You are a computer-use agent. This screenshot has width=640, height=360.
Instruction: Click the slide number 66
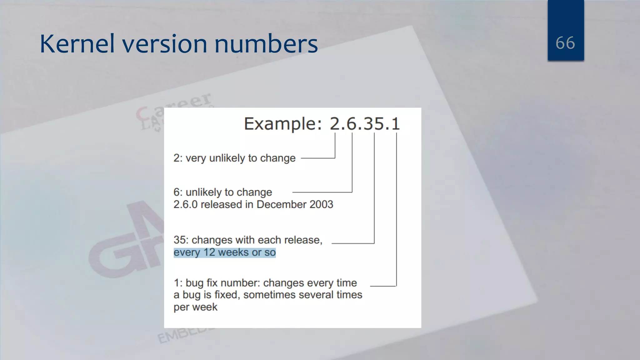click(565, 43)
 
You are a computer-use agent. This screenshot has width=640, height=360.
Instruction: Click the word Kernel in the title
click(77, 44)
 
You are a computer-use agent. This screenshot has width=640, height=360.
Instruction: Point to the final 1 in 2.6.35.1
click(396, 124)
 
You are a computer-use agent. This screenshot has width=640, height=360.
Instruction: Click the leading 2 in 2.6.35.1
click(336, 124)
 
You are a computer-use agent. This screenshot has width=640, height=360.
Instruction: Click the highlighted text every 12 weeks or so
click(224, 252)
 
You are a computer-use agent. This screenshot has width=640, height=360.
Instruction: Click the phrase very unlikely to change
click(240, 158)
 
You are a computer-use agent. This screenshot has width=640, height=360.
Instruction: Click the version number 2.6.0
click(185, 204)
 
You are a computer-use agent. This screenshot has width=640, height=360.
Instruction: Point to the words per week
click(195, 307)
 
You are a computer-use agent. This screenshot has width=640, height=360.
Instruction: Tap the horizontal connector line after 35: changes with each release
click(352, 243)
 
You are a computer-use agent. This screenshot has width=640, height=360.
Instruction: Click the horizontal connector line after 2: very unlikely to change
click(317, 158)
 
